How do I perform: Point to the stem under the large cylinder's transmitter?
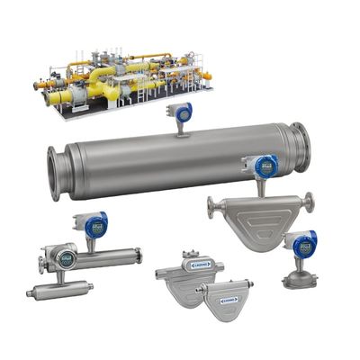pos(180,128)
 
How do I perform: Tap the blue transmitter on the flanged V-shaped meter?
pos(263,166)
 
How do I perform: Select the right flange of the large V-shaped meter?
pos(308,203)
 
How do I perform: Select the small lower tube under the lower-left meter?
pos(59,290)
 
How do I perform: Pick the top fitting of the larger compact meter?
pos(190,255)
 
